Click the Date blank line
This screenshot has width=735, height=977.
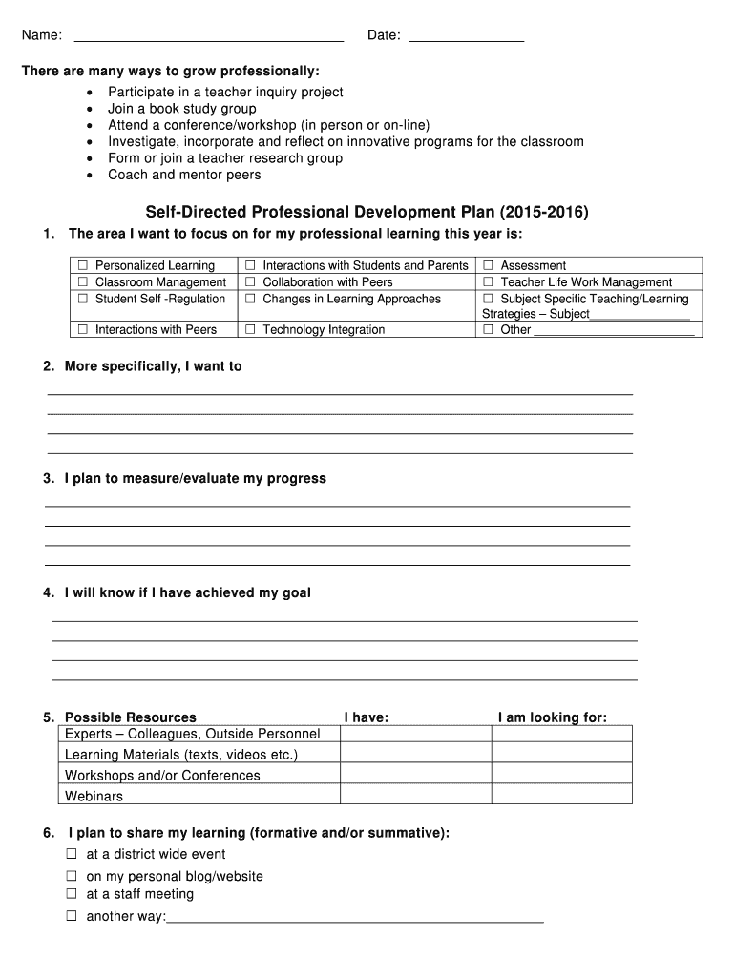pyautogui.click(x=466, y=38)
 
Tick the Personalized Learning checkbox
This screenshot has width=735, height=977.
pyautogui.click(x=83, y=266)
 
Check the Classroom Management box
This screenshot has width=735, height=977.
pyautogui.click(x=83, y=282)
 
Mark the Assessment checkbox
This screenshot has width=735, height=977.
pyautogui.click(x=489, y=266)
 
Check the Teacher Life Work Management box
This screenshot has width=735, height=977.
pyautogui.click(x=489, y=282)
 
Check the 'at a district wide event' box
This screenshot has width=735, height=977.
pyautogui.click(x=72, y=854)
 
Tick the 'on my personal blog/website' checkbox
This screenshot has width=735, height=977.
pyautogui.click(x=72, y=876)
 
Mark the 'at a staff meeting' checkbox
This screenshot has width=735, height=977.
pyautogui.click(x=72, y=894)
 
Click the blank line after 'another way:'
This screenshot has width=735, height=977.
pyautogui.click(x=355, y=919)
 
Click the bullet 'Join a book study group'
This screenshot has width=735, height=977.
pyautogui.click(x=181, y=109)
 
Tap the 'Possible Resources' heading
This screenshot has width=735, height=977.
pyautogui.click(x=130, y=717)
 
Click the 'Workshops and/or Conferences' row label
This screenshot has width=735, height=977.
pyautogui.click(x=162, y=775)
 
